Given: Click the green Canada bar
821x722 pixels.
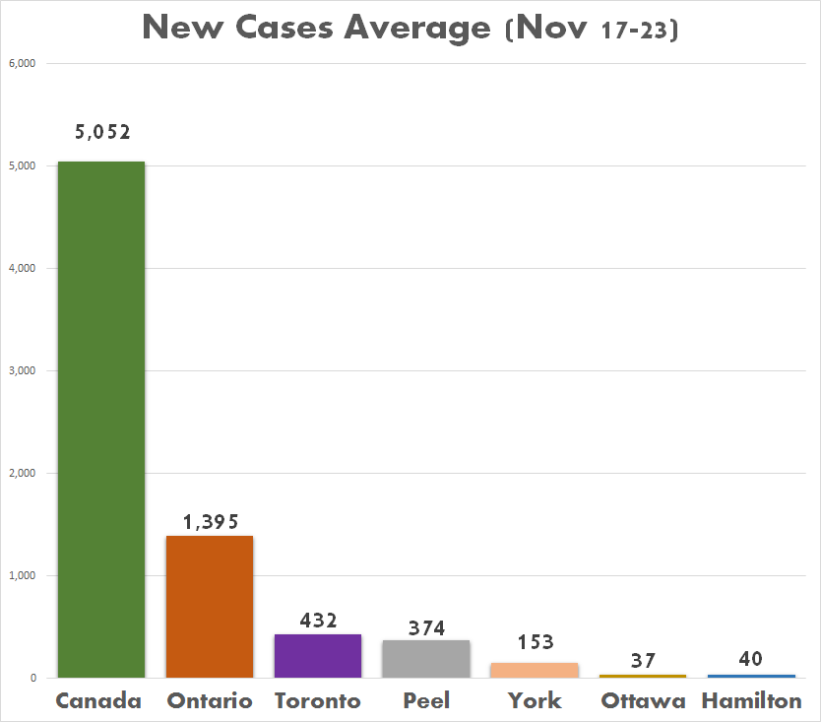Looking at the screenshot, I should [101, 419].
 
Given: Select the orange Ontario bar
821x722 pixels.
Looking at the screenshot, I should [210, 606].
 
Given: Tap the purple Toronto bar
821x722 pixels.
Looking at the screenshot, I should [318, 655].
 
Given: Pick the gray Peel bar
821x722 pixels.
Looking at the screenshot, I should [426, 658].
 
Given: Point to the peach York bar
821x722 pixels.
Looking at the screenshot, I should [535, 670].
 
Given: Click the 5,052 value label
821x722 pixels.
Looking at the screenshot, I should [102, 132].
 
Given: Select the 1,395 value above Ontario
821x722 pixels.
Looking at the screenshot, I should [210, 522].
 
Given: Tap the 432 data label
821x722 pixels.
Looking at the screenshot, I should [318, 621].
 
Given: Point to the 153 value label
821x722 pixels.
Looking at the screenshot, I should [535, 643].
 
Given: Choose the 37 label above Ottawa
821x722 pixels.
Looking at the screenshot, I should [643, 660].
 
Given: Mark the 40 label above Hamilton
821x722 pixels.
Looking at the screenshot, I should [750, 658].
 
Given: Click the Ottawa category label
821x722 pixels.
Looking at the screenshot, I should [643, 701].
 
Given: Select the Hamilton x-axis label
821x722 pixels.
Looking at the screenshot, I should [751, 701].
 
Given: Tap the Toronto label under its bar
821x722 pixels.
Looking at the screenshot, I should [318, 701].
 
